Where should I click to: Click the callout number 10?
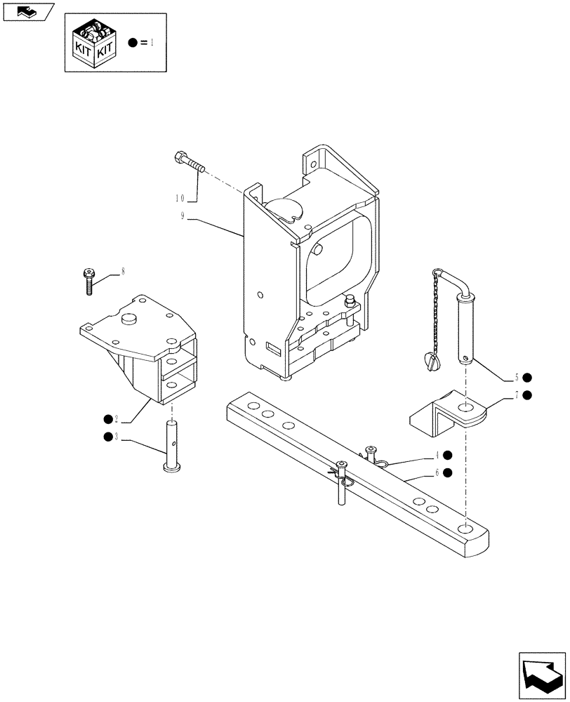(x=180, y=197)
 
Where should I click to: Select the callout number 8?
(x=123, y=270)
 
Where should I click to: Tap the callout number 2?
(x=117, y=420)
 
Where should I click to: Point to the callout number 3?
(x=117, y=437)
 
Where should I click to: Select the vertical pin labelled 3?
(x=171, y=446)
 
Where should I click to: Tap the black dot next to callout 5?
(x=526, y=377)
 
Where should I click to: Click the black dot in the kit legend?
(x=133, y=43)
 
